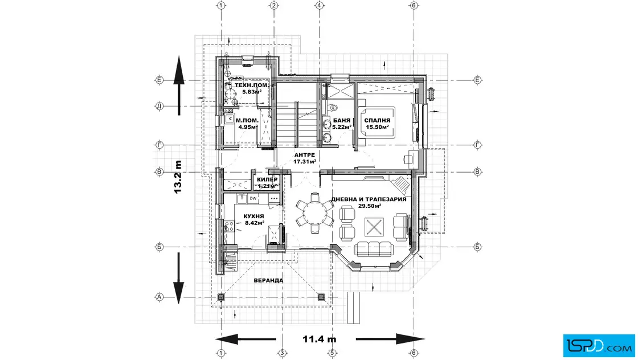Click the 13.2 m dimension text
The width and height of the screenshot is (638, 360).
point(178,176)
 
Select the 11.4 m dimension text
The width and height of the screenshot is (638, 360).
point(319,339)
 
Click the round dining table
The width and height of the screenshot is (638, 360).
point(313,213)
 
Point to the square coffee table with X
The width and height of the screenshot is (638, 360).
point(374,227)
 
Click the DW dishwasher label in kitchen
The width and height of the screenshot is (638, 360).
point(253,198)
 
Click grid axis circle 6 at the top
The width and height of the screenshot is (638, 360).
point(414,6)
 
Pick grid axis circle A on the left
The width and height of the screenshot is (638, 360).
point(160,297)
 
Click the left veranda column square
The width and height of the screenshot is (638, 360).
point(222,297)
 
